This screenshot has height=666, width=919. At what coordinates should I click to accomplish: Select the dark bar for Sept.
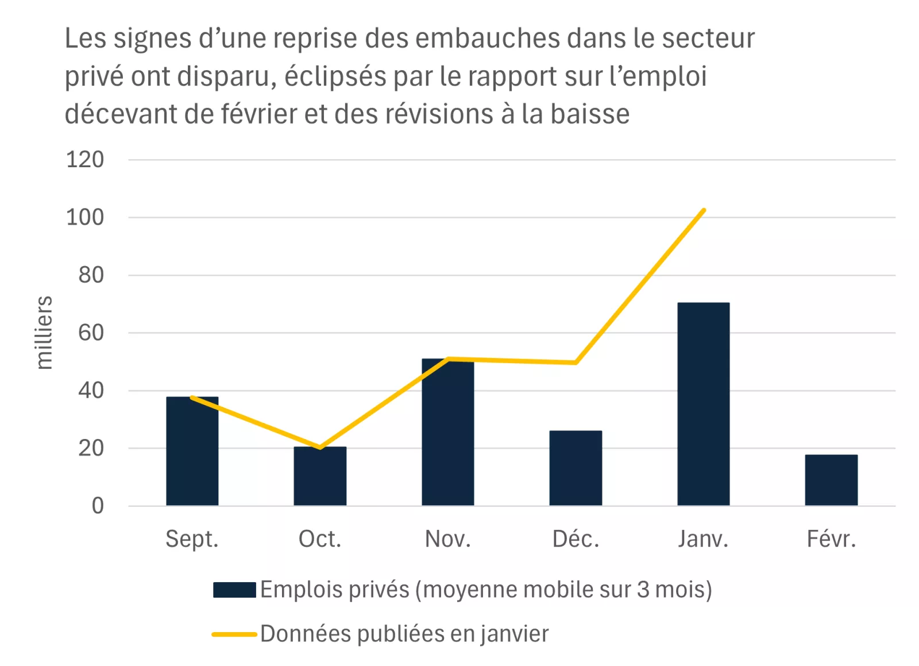192,452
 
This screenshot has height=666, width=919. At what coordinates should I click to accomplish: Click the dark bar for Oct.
320,476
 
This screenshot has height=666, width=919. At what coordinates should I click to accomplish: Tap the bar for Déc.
576,468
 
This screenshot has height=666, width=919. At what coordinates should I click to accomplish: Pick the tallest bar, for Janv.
703,404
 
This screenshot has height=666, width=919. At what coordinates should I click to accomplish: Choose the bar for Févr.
831,480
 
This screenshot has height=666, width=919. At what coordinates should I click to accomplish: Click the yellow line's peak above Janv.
704,210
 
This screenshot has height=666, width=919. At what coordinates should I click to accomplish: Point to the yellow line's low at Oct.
320,447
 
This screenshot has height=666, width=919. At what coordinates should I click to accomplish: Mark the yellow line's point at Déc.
576,363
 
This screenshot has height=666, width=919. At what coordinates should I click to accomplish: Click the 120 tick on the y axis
85,160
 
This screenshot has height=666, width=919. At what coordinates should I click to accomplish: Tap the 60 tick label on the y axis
91,333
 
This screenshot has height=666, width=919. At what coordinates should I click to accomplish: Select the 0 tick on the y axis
98,506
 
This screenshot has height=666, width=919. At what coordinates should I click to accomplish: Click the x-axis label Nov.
447,539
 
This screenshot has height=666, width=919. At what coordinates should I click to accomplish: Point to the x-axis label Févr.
831,539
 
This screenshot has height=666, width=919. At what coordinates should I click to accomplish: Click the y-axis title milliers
44,333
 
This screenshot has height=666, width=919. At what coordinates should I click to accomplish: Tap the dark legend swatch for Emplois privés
234,590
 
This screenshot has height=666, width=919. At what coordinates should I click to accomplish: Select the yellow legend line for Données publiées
234,634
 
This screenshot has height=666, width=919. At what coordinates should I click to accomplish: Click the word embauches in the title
488,39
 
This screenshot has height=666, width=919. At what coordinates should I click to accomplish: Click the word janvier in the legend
514,634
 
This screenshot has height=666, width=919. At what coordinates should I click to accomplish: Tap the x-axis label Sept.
192,539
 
